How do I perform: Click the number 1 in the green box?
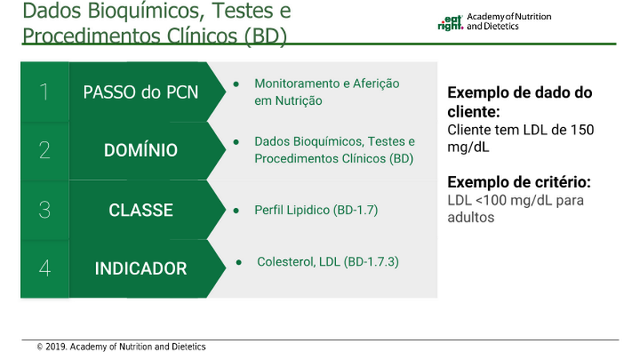point(44,92)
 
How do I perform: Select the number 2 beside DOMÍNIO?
point(45,150)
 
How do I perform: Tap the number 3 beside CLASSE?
point(45,210)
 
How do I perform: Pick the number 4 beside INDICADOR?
point(45,268)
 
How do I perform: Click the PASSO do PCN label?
point(141,92)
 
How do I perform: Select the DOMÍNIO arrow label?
point(141,150)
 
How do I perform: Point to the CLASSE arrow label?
point(141,210)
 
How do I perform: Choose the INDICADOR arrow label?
point(141,269)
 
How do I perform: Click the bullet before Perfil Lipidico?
point(236,210)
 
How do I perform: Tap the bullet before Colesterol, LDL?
point(238,262)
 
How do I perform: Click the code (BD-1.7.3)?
point(371,262)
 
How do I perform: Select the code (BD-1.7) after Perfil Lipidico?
point(355,210)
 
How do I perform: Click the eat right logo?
point(450,22)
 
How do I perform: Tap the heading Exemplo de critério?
point(518,182)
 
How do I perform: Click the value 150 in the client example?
point(582,130)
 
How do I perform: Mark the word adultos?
point(470,217)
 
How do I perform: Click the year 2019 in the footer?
point(55,347)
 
